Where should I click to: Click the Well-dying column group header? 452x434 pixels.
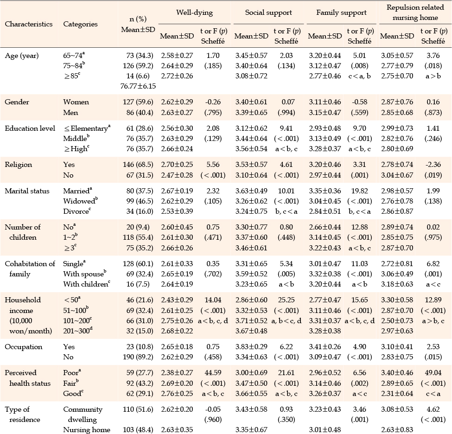[x=195, y=13]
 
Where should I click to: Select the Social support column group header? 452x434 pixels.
[x=268, y=13]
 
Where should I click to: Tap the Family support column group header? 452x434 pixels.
[x=341, y=13]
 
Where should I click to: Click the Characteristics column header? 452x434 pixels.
[x=29, y=24]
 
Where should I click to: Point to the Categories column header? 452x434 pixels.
[x=80, y=24]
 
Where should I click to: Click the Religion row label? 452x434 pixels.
[x=19, y=165]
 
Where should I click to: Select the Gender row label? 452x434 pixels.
[x=17, y=102]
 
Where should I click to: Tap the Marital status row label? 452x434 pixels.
[x=27, y=191]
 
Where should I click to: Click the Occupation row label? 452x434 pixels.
[x=24, y=347]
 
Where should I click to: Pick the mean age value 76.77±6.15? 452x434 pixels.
[x=138, y=86]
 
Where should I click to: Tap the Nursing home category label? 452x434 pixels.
[x=87, y=430]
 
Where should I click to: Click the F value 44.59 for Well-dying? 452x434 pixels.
[x=213, y=373]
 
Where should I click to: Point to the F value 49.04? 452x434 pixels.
[x=433, y=373]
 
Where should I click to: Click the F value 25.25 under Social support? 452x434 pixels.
[x=286, y=300]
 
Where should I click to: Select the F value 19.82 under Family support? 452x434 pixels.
[x=359, y=191]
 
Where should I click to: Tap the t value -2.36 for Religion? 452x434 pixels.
[x=433, y=165]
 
